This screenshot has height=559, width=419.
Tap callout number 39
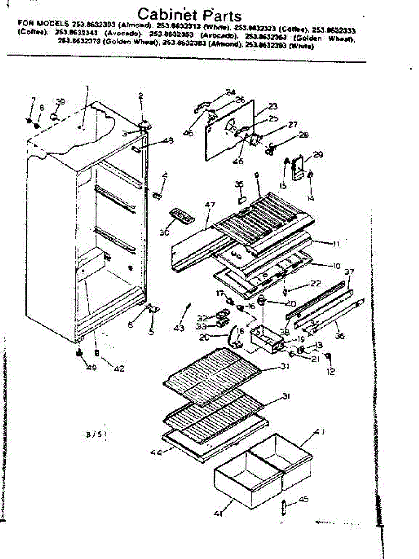tap(60, 102)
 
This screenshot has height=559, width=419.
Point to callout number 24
tap(230, 92)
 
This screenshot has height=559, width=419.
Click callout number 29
tap(318, 155)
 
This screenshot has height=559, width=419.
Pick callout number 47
tap(210, 205)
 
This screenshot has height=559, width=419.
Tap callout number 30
tap(164, 232)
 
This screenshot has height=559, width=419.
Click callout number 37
tap(349, 272)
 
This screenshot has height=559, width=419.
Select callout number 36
tap(340, 335)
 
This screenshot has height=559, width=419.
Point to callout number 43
tap(179, 328)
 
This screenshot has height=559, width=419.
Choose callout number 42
tap(119, 369)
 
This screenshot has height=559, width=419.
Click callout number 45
tap(304, 500)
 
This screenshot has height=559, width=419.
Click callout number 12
tap(331, 372)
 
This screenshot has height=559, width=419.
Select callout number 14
tap(311, 198)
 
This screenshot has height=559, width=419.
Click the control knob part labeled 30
tap(181, 216)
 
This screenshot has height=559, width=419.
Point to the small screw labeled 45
tap(284, 505)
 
